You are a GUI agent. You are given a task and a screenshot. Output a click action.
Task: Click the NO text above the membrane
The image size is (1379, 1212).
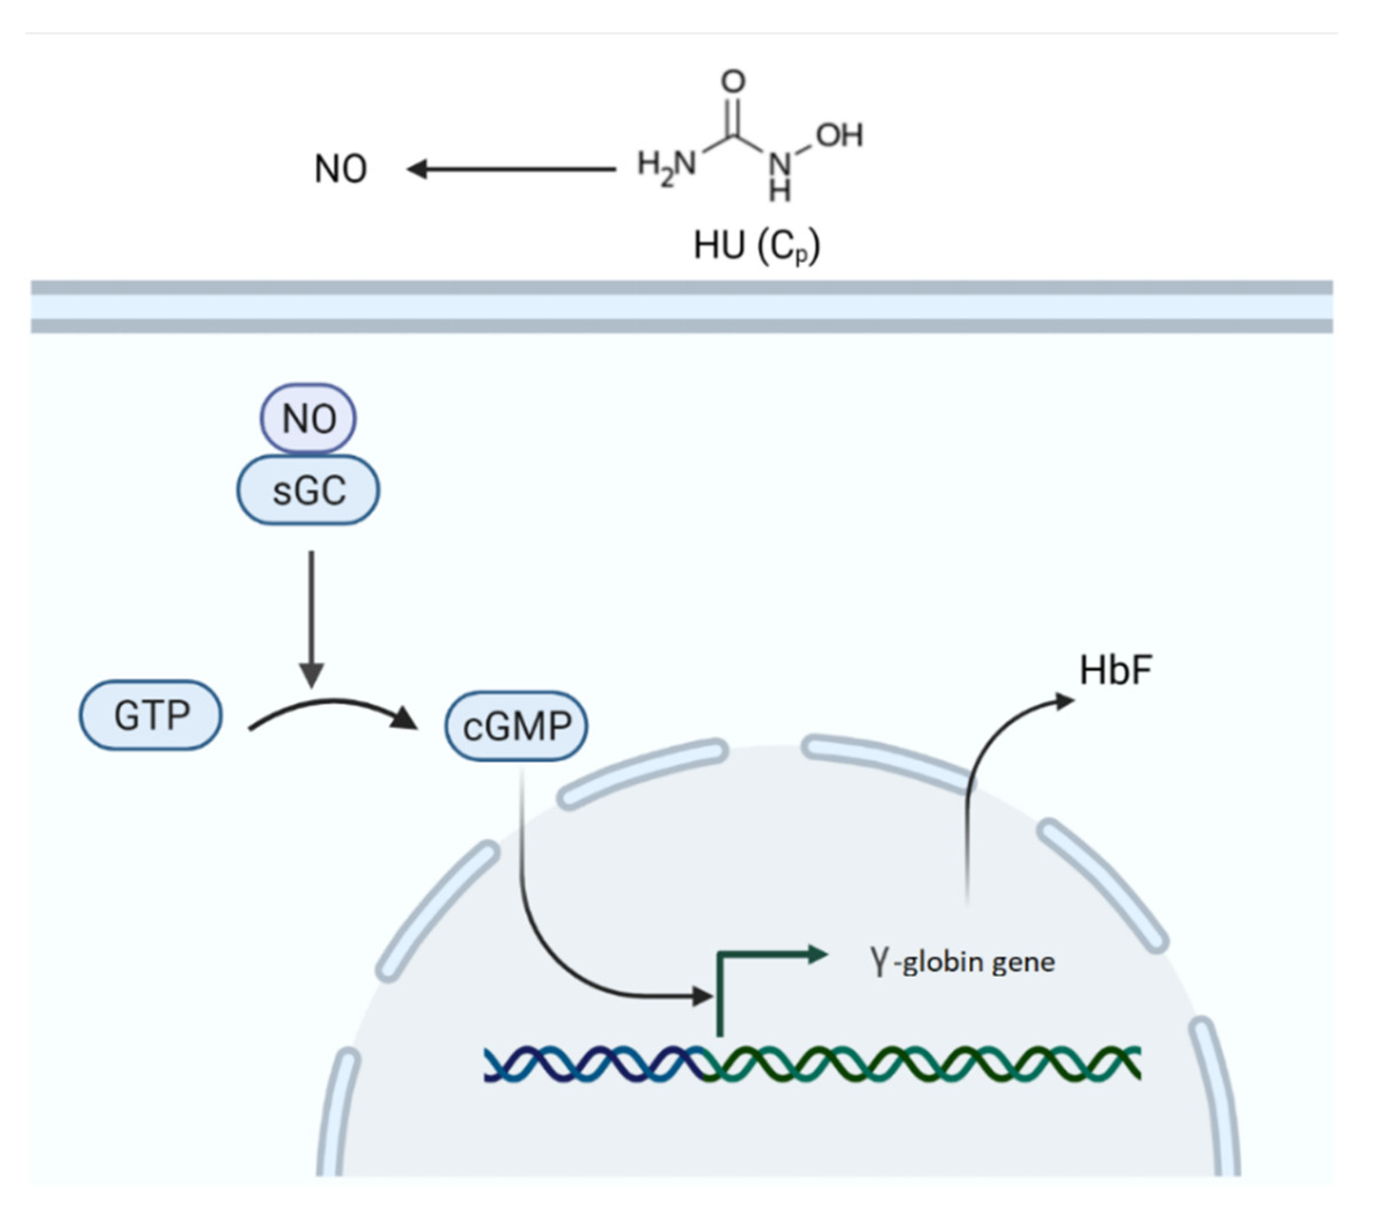(x=341, y=169)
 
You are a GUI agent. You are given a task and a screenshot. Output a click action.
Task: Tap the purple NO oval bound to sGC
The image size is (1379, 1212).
(x=308, y=418)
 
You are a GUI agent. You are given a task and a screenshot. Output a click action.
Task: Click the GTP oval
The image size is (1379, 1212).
(x=151, y=715)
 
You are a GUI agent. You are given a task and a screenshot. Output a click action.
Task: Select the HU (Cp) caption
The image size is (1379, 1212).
(x=757, y=246)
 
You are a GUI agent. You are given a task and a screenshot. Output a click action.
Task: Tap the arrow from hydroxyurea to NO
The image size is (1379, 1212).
(x=512, y=169)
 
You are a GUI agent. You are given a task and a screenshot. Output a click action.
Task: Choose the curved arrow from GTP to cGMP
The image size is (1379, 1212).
(x=331, y=706)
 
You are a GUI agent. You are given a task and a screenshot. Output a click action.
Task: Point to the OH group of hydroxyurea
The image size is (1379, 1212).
(x=839, y=135)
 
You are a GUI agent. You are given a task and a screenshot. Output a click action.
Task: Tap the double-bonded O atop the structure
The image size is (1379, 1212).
(x=733, y=82)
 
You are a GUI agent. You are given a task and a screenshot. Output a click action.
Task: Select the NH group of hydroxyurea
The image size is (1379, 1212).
(x=780, y=177)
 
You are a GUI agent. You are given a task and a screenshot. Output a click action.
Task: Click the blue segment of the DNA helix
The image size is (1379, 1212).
(x=593, y=1065)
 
